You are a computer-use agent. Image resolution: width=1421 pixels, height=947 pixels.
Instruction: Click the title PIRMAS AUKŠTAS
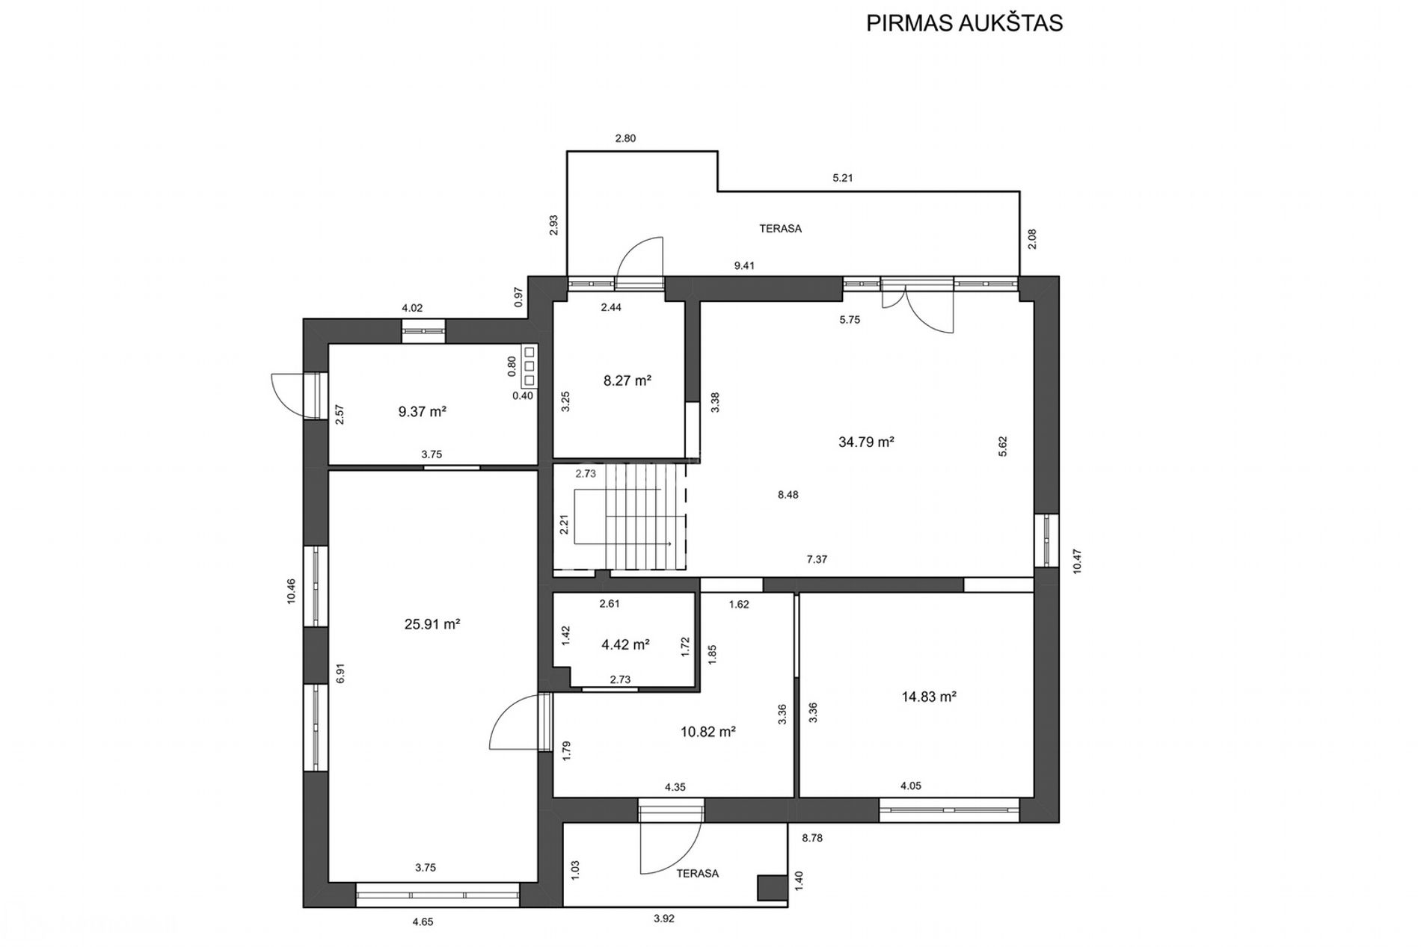pos(964,23)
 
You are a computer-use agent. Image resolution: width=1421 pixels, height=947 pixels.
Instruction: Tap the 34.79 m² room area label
pos(866,442)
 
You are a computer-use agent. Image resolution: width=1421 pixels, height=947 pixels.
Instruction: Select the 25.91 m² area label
pos(432,624)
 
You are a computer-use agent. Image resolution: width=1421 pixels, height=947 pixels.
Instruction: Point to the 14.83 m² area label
pos(929,697)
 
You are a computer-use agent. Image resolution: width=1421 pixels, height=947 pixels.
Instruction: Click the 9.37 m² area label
pos(422,411)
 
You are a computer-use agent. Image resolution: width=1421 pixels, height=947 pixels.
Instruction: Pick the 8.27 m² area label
pos(627,380)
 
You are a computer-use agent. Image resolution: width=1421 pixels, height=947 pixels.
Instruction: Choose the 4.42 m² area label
pos(624,644)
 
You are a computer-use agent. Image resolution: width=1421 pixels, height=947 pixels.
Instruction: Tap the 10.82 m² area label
pos(708,732)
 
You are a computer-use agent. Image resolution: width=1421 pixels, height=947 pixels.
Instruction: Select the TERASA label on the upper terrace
pos(780,229)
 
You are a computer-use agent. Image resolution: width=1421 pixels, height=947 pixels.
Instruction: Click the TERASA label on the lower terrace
pos(697,873)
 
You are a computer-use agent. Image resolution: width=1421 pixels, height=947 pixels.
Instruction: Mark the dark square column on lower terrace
pos(772,887)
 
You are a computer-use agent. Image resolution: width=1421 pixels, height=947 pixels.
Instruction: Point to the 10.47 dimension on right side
pos(1077,561)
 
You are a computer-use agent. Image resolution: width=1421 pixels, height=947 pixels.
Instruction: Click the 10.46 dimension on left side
pos(291,591)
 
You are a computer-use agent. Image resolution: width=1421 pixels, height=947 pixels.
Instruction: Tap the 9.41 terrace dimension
pos(744,265)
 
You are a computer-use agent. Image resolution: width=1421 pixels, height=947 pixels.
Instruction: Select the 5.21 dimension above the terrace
pos(843,178)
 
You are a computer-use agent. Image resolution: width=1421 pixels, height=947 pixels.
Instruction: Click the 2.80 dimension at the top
pos(625,138)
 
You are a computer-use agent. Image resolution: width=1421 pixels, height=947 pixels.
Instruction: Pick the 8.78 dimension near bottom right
pos(812,838)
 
